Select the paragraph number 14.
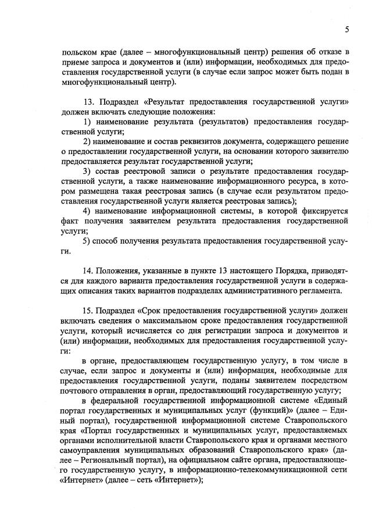[88, 270]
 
